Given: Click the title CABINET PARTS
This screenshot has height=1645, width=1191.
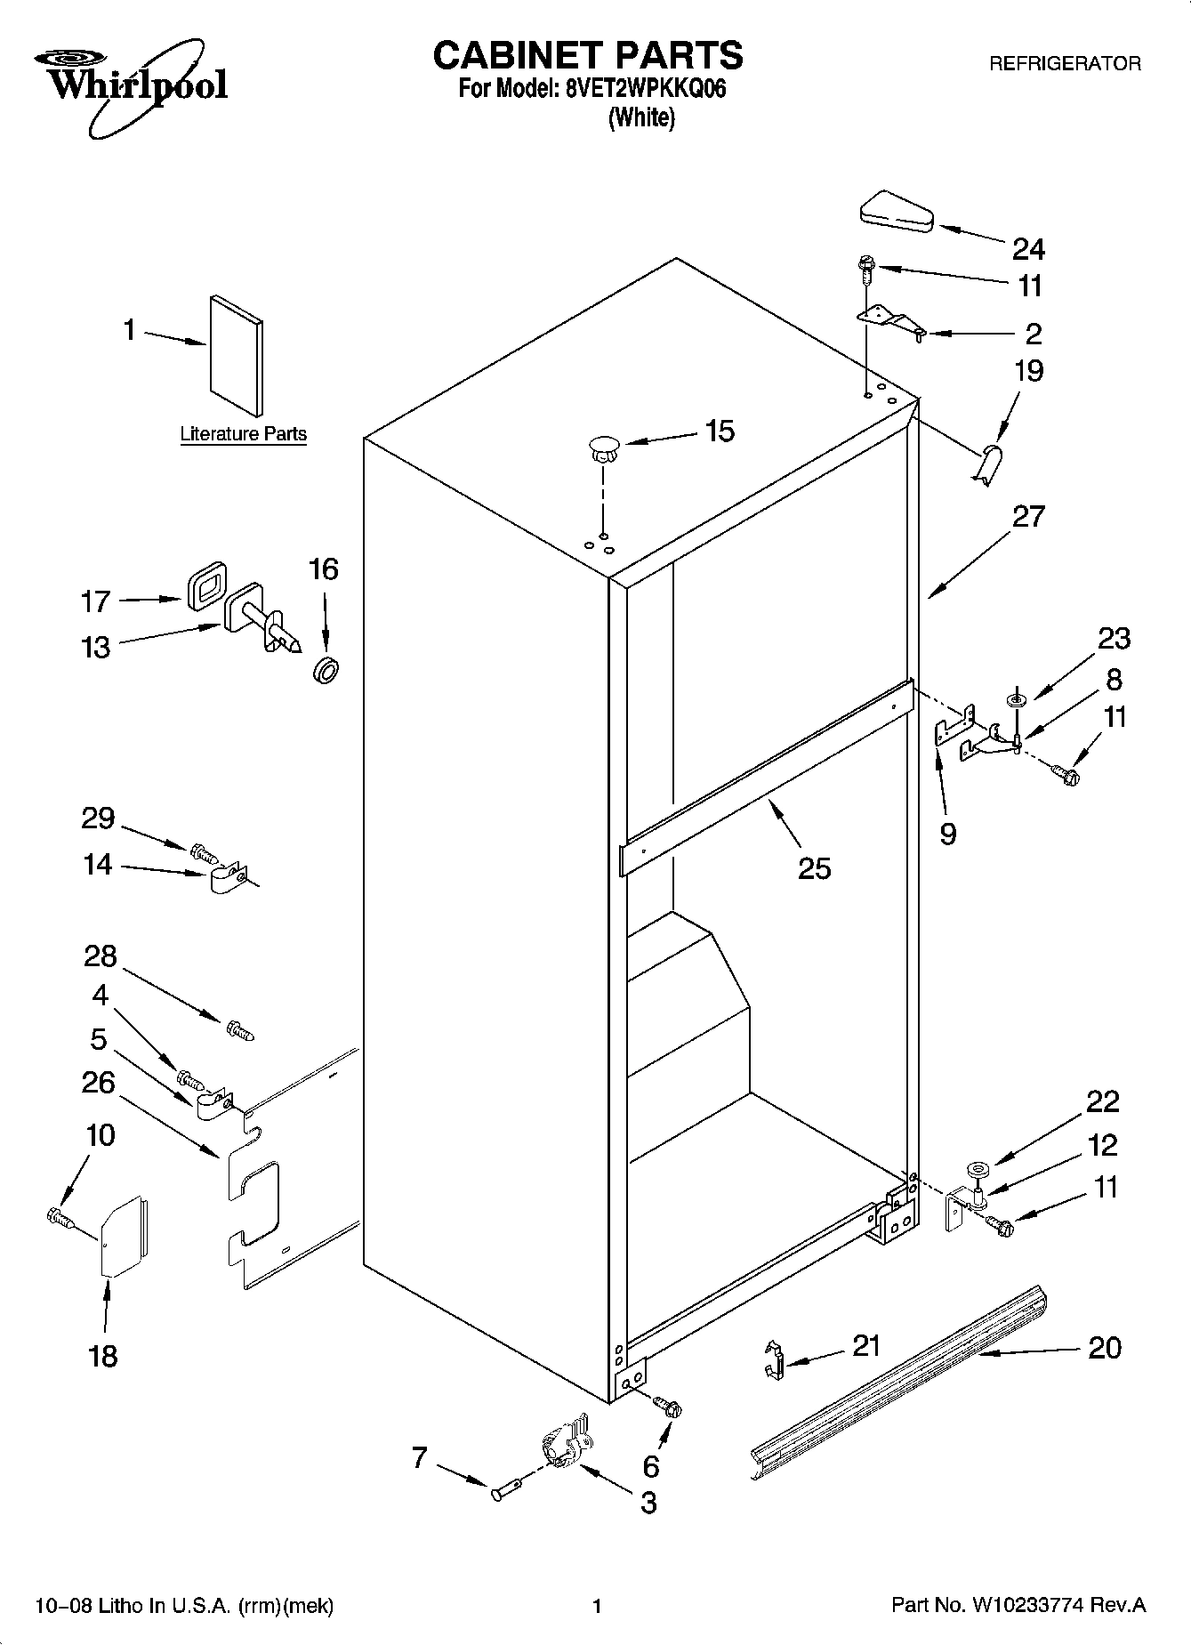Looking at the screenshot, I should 588,55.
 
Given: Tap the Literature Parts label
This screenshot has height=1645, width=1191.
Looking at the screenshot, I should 243,434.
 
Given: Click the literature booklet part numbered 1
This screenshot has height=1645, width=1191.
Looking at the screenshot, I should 237,356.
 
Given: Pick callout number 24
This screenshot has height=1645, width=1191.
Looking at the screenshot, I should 1029,249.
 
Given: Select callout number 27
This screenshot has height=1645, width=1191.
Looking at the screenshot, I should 1028,516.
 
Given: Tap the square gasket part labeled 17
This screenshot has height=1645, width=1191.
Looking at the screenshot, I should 205,585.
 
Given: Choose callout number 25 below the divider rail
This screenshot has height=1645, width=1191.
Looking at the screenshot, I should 814,867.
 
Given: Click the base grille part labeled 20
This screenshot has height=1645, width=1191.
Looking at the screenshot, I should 898,1386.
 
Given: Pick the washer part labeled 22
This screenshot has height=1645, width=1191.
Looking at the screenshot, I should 976,1168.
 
